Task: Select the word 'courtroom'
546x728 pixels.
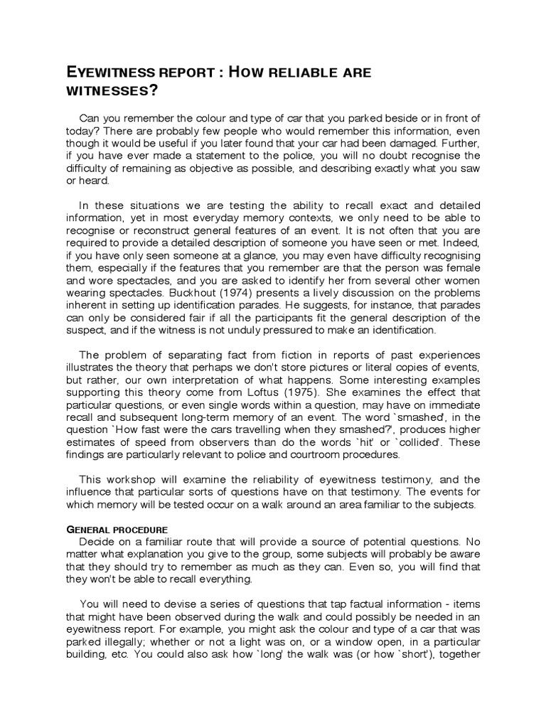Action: click(314, 455)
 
